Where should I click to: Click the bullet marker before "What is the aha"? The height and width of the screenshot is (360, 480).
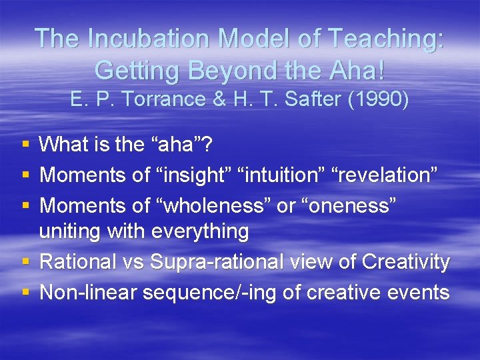coord(25,144)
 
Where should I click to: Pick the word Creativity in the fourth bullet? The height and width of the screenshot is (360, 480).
coord(406,262)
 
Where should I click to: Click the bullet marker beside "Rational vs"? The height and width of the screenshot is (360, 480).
coord(25,263)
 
